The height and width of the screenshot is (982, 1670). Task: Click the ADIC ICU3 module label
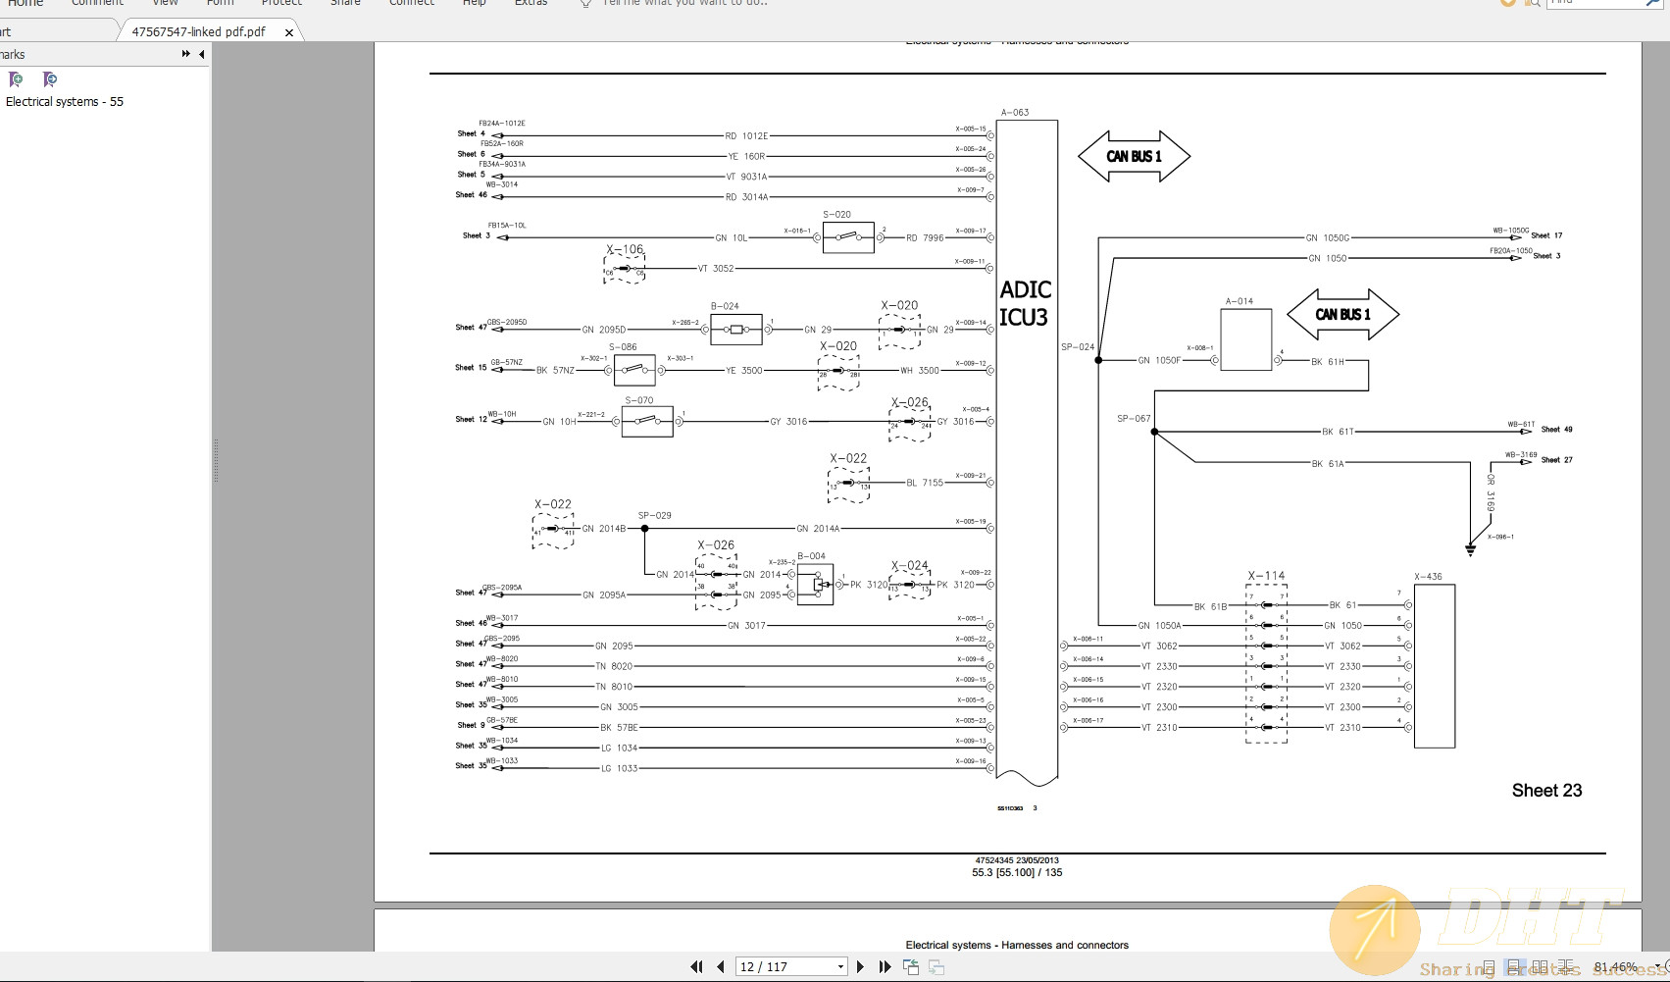pyautogui.click(x=1026, y=303)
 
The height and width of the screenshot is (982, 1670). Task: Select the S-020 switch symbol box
pyautogui.click(x=848, y=237)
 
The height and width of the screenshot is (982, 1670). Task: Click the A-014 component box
pyautogui.click(x=1245, y=340)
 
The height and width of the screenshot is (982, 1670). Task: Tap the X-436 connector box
pyautogui.click(x=1434, y=666)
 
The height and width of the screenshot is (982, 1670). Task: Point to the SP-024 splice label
pyautogui.click(x=1077, y=347)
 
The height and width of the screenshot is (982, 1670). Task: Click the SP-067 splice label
pyautogui.click(x=1134, y=419)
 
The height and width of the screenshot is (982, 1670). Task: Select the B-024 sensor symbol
pyautogui.click(x=736, y=330)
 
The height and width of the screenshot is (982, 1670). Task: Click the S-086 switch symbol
pyautogui.click(x=634, y=371)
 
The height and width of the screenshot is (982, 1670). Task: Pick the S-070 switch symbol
pyautogui.click(x=648, y=422)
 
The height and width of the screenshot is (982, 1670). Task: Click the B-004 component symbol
pyautogui.click(x=815, y=585)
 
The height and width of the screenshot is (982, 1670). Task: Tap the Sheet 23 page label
pyautogui.click(x=1546, y=791)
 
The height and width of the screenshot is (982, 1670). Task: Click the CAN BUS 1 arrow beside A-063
pyautogui.click(x=1134, y=157)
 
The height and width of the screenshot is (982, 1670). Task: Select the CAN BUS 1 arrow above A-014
pyautogui.click(x=1342, y=315)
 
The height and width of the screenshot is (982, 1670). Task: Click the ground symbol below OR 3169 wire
pyautogui.click(x=1470, y=549)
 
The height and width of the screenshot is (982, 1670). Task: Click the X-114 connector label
pyautogui.click(x=1266, y=576)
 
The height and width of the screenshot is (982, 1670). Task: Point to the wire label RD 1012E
pyautogui.click(x=746, y=136)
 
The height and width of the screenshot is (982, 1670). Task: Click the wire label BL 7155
pyautogui.click(x=925, y=483)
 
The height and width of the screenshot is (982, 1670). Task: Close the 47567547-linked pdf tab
pyautogui.click(x=289, y=32)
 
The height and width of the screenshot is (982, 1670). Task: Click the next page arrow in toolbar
pyautogui.click(x=861, y=967)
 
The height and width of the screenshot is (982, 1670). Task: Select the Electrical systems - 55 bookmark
pyautogui.click(x=65, y=102)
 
